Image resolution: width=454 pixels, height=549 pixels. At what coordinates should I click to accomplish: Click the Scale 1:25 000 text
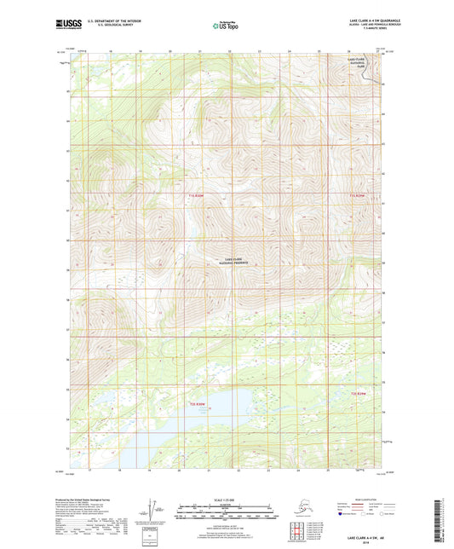[x=226, y=499]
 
